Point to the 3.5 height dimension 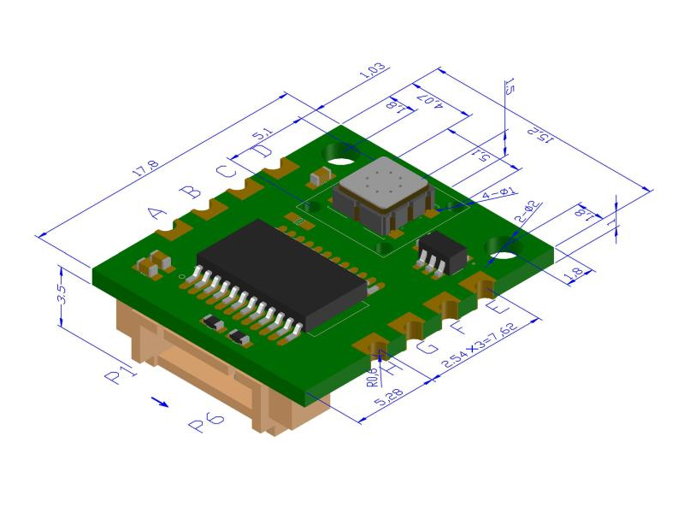tap(61, 296)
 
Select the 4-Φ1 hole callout tap(500, 195)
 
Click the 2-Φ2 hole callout tap(524, 211)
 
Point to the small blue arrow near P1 tap(159, 399)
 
